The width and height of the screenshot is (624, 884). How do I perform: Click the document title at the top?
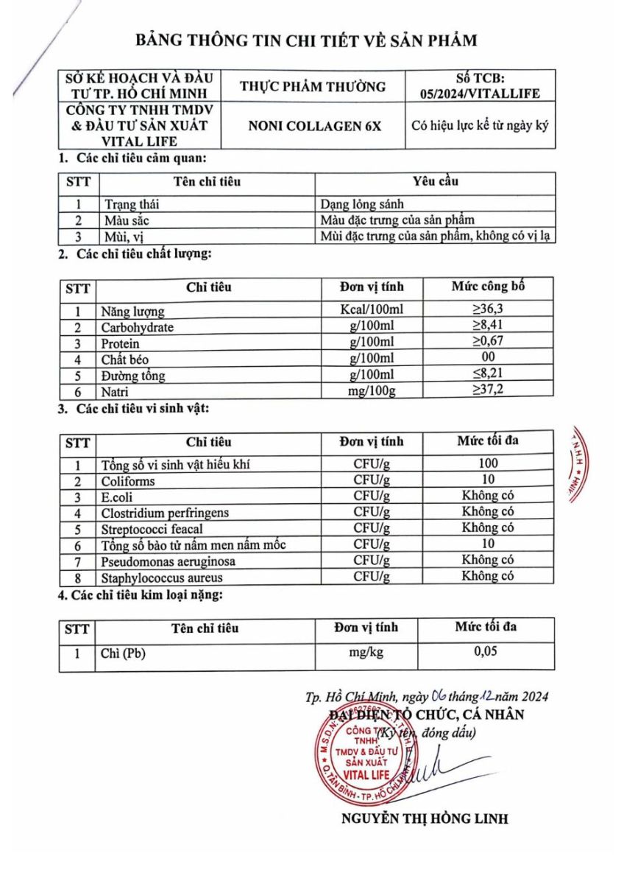(x=311, y=40)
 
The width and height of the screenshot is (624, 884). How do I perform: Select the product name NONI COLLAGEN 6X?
(x=313, y=125)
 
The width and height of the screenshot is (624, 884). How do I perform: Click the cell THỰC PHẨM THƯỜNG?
(x=313, y=86)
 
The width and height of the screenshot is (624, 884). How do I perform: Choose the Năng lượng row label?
(x=132, y=312)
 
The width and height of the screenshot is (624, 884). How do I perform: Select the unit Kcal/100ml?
(x=372, y=310)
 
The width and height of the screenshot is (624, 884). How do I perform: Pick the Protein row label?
(x=120, y=344)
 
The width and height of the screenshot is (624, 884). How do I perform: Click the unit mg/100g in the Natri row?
(x=372, y=391)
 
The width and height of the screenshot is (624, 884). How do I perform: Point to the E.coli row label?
(x=118, y=497)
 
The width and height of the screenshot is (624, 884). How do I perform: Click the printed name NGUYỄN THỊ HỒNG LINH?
(x=425, y=819)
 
